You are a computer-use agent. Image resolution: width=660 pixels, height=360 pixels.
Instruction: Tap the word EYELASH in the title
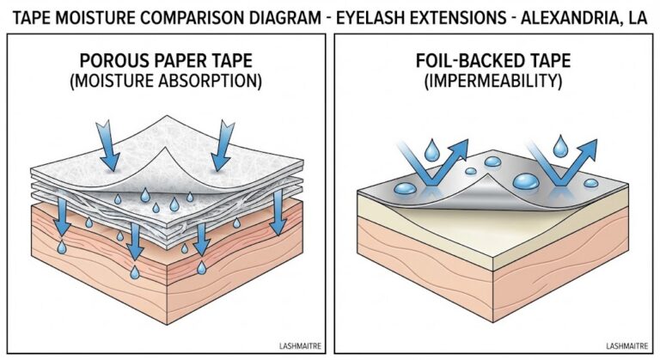(361, 15)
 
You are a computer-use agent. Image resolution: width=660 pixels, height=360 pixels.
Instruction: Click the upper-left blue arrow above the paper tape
(108, 146)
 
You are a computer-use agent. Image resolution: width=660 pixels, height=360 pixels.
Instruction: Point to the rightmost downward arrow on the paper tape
(277, 215)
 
